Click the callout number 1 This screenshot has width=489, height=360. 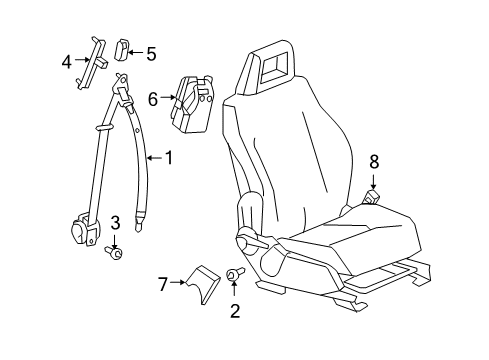click(168, 157)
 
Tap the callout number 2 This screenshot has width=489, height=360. click(235, 311)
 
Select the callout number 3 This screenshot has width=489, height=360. click(115, 222)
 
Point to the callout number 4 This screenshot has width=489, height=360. click(66, 61)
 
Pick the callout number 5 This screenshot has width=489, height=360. click(151, 53)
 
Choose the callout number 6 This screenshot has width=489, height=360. click(153, 98)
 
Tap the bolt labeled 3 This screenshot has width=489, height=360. click(114, 253)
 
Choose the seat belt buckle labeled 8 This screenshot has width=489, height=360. click(371, 197)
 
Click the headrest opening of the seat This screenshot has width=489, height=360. click(272, 70)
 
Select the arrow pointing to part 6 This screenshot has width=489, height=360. click(167, 98)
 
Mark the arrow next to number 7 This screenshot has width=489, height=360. click(179, 283)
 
